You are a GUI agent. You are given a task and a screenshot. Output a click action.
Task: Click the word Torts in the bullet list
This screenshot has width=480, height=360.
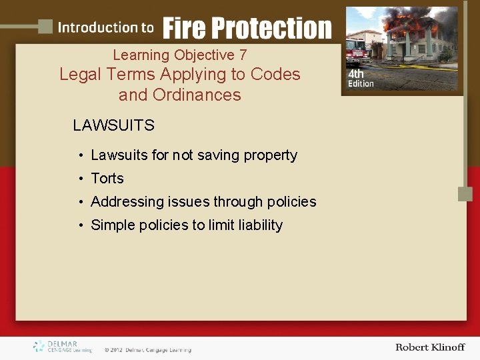click(107, 179)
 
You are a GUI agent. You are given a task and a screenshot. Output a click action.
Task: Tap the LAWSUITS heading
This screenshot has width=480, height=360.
click(113, 125)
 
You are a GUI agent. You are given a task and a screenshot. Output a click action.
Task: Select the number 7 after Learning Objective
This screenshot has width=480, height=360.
click(243, 55)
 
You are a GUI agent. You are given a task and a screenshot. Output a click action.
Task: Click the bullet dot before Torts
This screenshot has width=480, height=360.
click(79, 179)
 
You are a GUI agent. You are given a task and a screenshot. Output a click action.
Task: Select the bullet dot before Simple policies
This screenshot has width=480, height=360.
click(79, 226)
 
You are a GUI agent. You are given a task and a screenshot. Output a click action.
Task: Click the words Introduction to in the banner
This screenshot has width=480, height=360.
click(105, 28)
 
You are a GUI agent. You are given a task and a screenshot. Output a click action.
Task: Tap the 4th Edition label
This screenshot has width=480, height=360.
click(361, 79)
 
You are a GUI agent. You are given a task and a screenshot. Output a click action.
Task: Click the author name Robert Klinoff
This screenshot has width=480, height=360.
click(429, 347)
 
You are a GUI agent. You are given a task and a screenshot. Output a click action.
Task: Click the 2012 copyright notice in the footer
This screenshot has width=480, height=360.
click(147, 349)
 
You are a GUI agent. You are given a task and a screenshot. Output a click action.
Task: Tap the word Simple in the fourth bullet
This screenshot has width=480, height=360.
click(113, 225)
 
